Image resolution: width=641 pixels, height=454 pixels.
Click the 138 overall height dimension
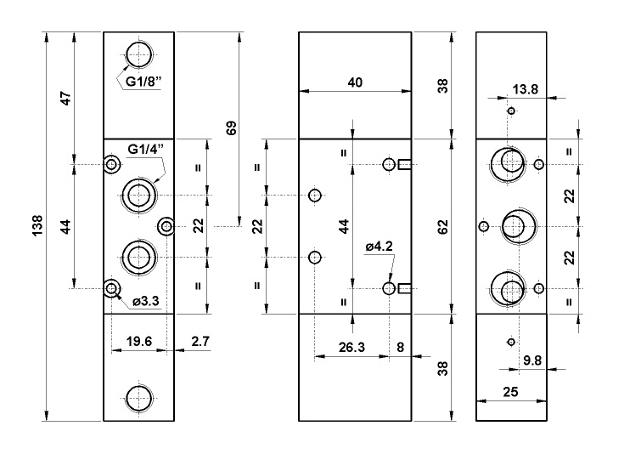tap(37, 226)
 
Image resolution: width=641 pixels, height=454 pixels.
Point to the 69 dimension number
tap(231, 128)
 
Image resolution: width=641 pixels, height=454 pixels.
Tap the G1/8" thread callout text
tap(143, 82)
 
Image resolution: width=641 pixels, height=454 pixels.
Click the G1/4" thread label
tap(145, 150)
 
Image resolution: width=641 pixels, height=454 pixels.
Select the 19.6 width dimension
tap(138, 341)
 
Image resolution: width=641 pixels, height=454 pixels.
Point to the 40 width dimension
tap(355, 82)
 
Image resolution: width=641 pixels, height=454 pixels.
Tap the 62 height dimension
tap(442, 226)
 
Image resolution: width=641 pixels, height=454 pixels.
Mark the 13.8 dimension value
tap(526, 88)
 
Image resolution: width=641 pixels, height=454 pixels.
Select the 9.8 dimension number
tap(533, 360)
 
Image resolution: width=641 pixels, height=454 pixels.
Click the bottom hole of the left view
tap(138, 396)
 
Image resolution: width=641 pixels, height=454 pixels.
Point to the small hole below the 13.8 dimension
tap(511, 111)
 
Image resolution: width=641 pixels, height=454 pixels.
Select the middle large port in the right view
tap(513, 226)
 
